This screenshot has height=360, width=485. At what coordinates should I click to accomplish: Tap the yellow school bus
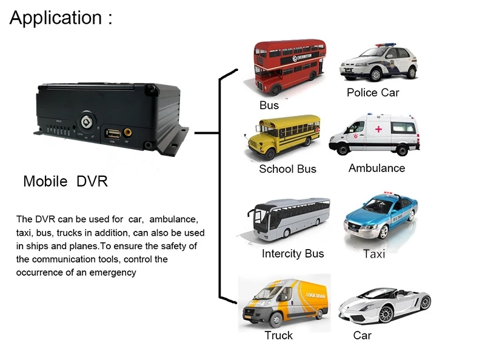tap(281, 138)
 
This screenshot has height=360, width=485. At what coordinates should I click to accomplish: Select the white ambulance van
tap(374, 135)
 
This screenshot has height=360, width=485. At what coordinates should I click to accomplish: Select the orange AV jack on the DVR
tap(128, 132)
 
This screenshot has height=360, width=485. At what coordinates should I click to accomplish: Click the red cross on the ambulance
tap(378, 129)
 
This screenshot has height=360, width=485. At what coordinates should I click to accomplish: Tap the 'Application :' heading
tap(61, 18)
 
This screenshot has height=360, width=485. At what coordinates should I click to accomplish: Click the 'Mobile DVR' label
tap(65, 181)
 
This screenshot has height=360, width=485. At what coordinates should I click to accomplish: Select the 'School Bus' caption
tap(287, 169)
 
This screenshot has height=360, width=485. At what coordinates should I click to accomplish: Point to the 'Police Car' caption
tap(373, 93)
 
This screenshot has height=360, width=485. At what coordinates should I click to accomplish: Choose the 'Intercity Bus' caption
tap(293, 253)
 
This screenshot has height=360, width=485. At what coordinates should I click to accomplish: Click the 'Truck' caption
tap(278, 335)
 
